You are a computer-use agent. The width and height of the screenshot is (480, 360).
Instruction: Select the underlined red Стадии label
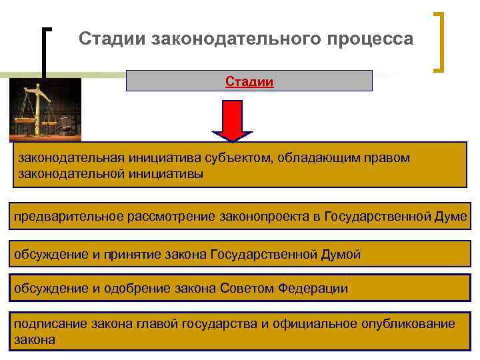coord(249,82)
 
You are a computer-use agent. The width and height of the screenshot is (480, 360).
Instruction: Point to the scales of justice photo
coord(45,110)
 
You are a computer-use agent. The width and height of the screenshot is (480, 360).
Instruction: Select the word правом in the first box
coord(385,158)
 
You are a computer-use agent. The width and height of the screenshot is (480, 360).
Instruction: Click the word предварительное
coord(61,217)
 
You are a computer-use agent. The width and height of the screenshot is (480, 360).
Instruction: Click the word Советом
coord(241,288)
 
